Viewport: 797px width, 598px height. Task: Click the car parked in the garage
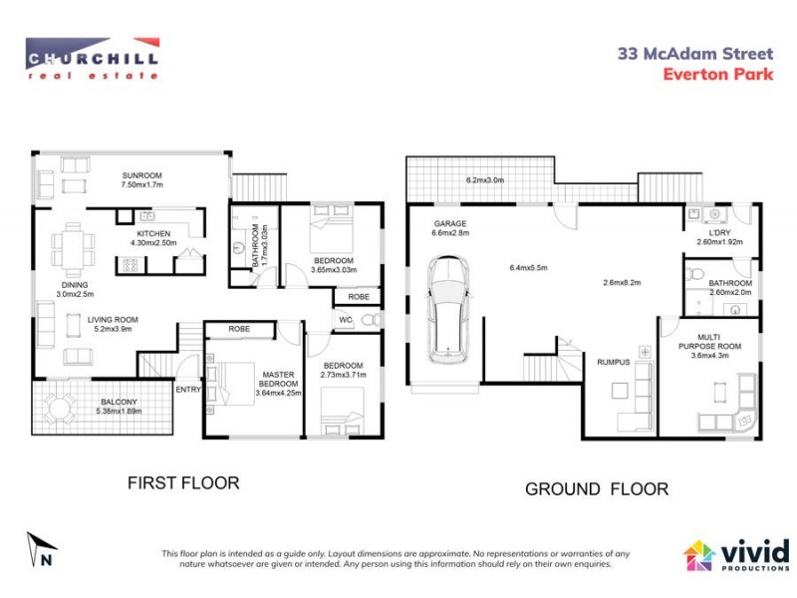(448, 311)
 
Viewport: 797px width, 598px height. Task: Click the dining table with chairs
(75, 245)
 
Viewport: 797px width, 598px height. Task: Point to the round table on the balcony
(60, 407)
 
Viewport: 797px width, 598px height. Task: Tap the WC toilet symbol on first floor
(368, 320)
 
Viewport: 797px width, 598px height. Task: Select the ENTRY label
(187, 389)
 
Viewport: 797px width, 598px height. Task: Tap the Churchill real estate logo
(92, 58)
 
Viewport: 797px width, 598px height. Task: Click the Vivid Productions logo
(736, 554)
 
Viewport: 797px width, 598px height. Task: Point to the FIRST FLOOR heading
(183, 483)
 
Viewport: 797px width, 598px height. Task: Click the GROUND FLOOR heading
(597, 488)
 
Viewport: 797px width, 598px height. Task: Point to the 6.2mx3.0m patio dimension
(486, 180)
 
